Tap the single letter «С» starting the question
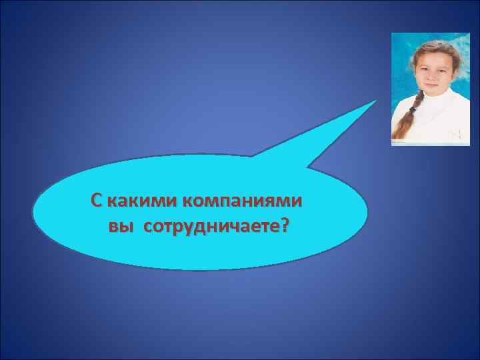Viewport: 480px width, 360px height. (x=97, y=199)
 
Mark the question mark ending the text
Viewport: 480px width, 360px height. (x=285, y=227)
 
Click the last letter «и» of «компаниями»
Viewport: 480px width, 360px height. (x=295, y=199)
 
